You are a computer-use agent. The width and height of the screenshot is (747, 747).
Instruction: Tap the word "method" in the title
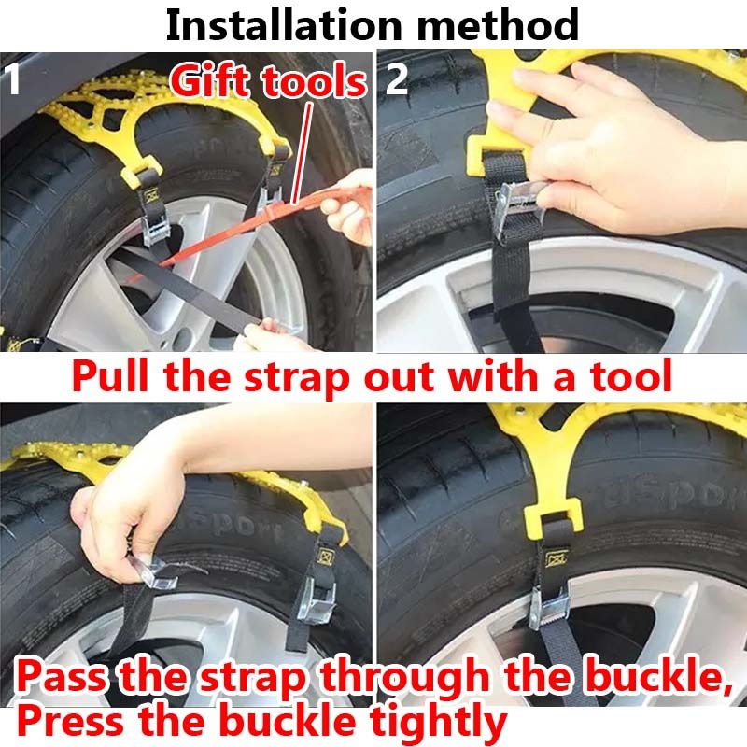498,25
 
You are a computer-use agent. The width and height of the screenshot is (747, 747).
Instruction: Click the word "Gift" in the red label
212,80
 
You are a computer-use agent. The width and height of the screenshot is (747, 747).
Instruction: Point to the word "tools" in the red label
315,81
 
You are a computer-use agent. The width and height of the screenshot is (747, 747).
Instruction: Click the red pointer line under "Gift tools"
302,153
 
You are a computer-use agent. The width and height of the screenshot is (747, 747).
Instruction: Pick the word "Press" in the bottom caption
69,721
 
